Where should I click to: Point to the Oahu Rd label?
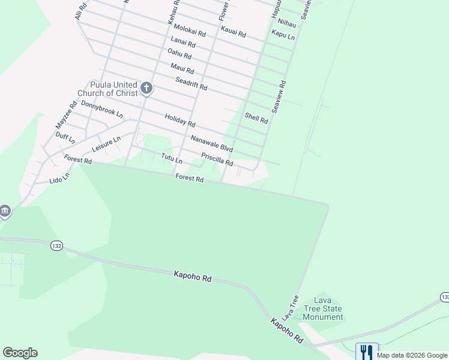click(x=179, y=54)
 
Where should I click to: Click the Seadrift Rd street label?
click(x=191, y=84)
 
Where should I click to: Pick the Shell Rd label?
click(x=256, y=116)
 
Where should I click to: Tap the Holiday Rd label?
click(x=180, y=121)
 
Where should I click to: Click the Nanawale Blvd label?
click(x=211, y=143)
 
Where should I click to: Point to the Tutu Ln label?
click(x=172, y=159)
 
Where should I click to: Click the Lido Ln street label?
click(x=59, y=178)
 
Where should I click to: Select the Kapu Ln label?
click(x=283, y=35)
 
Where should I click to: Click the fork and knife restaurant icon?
click(x=367, y=352)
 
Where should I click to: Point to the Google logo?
click(x=20, y=353)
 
